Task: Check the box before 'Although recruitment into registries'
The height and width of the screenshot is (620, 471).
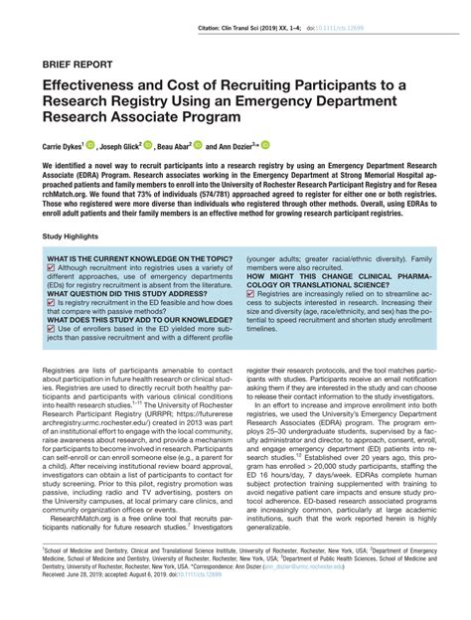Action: click(x=51, y=267)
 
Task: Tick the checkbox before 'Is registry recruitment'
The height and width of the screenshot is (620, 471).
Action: click(x=51, y=304)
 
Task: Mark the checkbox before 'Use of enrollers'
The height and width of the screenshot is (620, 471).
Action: click(x=51, y=328)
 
